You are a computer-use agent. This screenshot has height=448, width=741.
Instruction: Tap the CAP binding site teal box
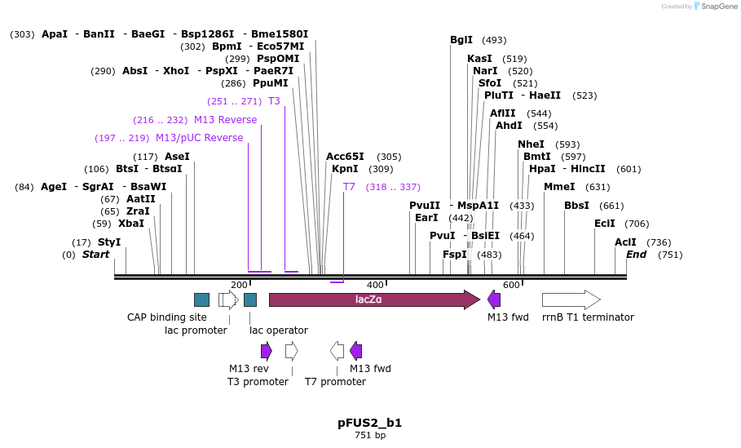click(x=201, y=299)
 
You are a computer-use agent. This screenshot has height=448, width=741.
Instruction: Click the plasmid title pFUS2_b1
click(x=370, y=423)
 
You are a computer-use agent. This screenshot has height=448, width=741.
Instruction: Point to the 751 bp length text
click(x=370, y=436)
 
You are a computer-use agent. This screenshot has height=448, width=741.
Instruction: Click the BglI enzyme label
click(x=461, y=40)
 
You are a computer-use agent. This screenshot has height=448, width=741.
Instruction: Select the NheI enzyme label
click(x=531, y=144)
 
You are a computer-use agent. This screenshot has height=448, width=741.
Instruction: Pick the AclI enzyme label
click(x=625, y=242)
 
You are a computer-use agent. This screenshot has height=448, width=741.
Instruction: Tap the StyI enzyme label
click(x=109, y=242)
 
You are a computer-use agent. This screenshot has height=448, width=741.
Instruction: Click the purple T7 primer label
click(x=349, y=187)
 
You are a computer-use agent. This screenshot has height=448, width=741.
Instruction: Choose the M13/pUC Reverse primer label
click(x=199, y=138)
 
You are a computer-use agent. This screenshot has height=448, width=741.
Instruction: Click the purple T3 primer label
click(x=274, y=101)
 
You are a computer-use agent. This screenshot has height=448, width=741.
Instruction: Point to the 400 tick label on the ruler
click(x=375, y=285)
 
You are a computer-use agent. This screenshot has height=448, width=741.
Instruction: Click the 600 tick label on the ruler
click(x=511, y=285)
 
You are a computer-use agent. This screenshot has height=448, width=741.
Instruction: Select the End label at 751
click(x=637, y=255)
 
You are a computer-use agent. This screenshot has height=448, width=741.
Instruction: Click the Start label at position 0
click(x=95, y=255)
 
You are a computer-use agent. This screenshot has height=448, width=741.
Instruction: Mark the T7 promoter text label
click(x=335, y=381)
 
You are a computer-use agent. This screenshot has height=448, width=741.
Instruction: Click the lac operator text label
click(x=279, y=330)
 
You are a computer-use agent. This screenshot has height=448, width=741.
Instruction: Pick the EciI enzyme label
click(x=605, y=224)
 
